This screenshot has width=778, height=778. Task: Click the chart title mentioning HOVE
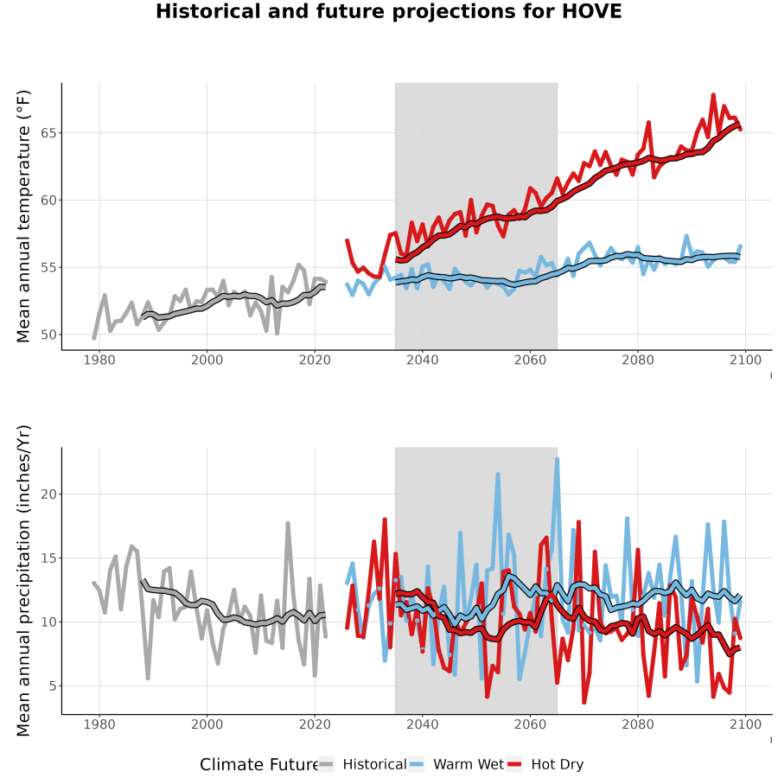(388, 11)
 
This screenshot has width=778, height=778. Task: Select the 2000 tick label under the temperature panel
(207, 360)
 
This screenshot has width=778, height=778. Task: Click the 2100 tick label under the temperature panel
(745, 360)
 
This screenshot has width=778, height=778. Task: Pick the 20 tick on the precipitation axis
(48, 494)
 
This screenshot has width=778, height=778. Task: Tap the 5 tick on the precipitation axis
(52, 686)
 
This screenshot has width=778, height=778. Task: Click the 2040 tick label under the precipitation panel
(422, 724)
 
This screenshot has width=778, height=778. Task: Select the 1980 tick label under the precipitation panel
(99, 724)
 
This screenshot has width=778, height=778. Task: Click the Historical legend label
(374, 764)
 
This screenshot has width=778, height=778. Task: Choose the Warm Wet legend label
(469, 764)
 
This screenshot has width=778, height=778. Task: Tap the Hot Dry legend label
(558, 765)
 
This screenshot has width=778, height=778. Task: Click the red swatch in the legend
(514, 765)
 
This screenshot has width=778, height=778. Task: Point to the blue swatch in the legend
(417, 765)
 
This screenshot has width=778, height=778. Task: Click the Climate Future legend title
(259, 765)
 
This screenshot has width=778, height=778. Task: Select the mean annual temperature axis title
(22, 216)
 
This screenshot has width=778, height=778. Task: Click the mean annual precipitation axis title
(22, 581)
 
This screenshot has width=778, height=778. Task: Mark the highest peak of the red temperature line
(713, 94)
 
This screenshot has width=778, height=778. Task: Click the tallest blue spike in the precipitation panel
(558, 459)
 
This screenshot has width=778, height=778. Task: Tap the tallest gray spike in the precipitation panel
(288, 522)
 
